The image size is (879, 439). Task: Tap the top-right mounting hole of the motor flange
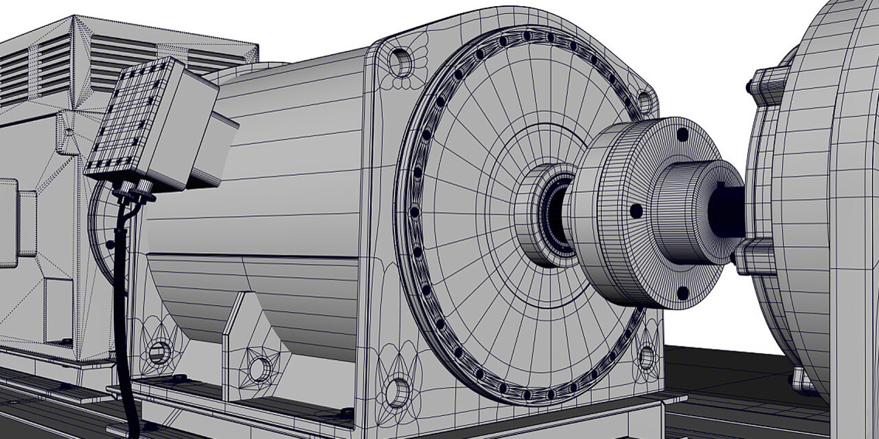[x=644, y=102]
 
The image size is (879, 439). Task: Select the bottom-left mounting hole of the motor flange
[x=397, y=392]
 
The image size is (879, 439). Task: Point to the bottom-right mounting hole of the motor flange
[x=646, y=357]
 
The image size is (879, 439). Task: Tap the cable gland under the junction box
[x=134, y=188]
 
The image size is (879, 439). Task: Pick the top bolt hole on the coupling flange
[x=683, y=135]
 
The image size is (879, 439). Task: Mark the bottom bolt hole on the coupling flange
[x=683, y=293]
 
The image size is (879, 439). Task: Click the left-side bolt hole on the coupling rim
[x=637, y=211]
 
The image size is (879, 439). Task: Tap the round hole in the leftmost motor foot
[x=159, y=353]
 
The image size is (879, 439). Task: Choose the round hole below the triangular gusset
[x=260, y=369]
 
